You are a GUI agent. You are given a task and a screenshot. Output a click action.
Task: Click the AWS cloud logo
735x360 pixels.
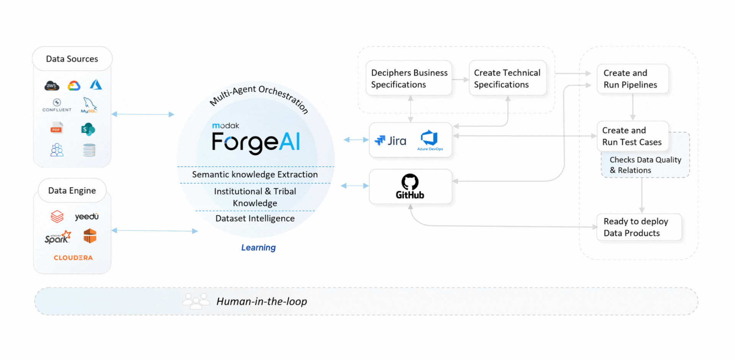(x=52, y=85)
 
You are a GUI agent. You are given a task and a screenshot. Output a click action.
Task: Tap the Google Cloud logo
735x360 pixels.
(x=74, y=85)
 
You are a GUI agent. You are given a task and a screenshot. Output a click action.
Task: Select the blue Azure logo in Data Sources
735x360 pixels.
(x=96, y=85)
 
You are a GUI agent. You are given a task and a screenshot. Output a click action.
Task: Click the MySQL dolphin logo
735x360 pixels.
(x=89, y=105)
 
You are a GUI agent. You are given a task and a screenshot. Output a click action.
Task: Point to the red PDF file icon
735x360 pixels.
(x=57, y=128)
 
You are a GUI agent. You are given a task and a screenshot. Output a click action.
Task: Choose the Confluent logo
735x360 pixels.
(x=57, y=105)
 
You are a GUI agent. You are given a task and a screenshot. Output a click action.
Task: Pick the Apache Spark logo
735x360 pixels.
(x=58, y=237)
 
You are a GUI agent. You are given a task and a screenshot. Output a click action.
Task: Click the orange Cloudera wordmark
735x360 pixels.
(x=73, y=258)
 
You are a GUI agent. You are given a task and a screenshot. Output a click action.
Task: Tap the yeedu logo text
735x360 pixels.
(x=87, y=216)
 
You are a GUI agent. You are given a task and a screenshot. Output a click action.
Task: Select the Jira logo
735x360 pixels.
(x=391, y=141)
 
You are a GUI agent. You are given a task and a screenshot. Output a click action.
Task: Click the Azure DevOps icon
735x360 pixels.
(x=430, y=139)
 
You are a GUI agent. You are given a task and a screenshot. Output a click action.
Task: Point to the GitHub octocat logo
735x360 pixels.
(x=410, y=182)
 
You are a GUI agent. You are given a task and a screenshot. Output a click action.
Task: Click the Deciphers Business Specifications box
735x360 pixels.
(x=409, y=78)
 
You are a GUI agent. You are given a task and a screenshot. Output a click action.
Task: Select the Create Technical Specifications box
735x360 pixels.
(x=507, y=78)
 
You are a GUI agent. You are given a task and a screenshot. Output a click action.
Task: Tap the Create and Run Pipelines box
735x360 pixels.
(x=632, y=79)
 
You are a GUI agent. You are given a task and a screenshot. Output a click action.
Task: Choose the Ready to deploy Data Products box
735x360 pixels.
(x=639, y=227)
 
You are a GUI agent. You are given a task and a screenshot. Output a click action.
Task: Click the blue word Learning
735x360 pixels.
(x=258, y=247)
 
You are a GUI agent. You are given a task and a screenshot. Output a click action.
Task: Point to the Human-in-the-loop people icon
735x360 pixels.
(x=196, y=301)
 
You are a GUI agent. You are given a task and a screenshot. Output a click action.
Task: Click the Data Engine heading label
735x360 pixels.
(x=72, y=190)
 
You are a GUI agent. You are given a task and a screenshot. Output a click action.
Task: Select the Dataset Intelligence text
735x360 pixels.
(x=255, y=218)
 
